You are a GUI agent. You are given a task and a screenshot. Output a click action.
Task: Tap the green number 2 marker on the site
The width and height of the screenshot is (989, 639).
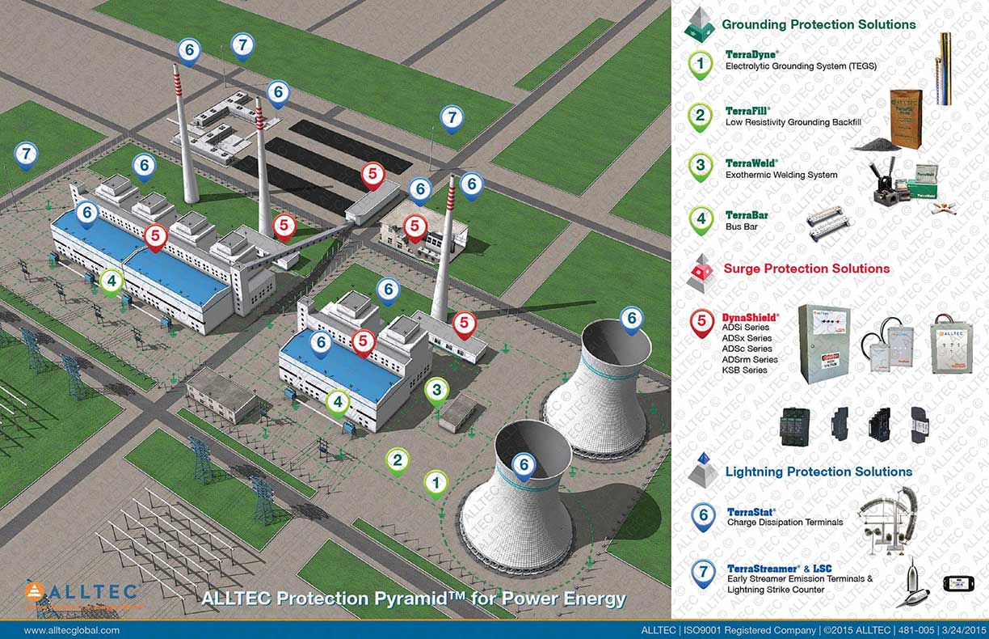[397, 460]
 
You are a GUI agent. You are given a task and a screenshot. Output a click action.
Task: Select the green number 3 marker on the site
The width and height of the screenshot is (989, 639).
[436, 391]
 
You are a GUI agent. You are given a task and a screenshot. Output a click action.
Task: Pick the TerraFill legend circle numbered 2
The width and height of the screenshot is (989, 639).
[701, 116]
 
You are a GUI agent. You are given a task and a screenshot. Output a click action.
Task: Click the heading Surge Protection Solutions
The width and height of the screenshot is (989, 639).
[806, 269]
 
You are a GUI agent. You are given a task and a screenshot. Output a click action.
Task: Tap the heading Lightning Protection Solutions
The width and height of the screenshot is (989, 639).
[819, 472]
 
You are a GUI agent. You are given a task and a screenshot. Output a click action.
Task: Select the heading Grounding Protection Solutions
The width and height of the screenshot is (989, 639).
[819, 24]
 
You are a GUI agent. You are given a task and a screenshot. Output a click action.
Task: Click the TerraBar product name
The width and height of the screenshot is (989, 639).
[747, 215]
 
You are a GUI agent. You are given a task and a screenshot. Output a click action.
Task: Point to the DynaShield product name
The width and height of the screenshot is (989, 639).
[751, 316]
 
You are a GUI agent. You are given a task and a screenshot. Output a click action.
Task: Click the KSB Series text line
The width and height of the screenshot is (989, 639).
[745, 370]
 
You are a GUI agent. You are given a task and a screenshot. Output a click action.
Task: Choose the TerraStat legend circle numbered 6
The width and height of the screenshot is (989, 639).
[703, 515]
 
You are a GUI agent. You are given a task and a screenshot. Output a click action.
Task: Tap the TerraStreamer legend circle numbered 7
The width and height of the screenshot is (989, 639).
[703, 573]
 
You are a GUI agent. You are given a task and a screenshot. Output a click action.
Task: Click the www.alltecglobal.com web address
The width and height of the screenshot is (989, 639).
[72, 630]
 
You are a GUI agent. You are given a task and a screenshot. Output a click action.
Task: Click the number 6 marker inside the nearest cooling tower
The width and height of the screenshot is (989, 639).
[524, 465]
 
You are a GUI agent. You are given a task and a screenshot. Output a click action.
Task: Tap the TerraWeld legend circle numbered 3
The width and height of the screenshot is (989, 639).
[701, 167]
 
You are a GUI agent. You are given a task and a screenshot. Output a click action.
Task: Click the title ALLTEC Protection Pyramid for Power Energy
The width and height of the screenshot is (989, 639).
[413, 599]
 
